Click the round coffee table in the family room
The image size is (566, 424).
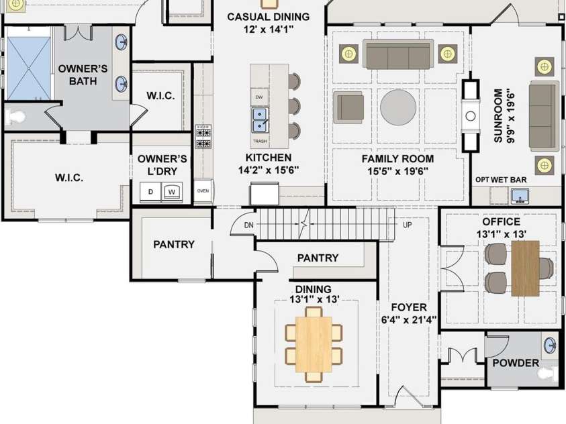coord(398,107)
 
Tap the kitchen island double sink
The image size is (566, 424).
coord(260,120)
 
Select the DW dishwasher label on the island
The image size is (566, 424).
coord(258,97)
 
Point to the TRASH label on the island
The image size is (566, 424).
coord(260,142)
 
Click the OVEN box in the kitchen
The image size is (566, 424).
coord(203,191)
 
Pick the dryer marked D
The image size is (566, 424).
coord(151,192)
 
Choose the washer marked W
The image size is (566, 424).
coord(172,192)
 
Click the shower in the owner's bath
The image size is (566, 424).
coord(28,68)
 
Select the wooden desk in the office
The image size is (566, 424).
coord(525,268)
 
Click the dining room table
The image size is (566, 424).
coord(314,344)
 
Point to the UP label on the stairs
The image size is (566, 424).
coord(407,225)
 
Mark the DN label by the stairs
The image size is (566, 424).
coord(248,225)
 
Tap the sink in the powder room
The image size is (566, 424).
coord(550,345)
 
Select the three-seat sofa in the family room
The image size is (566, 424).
coord(398,54)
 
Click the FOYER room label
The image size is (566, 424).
coord(409,307)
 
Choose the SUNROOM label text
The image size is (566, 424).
coord(498,116)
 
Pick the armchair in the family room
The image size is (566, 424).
coord(348,107)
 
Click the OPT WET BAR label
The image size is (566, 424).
coord(501,180)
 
